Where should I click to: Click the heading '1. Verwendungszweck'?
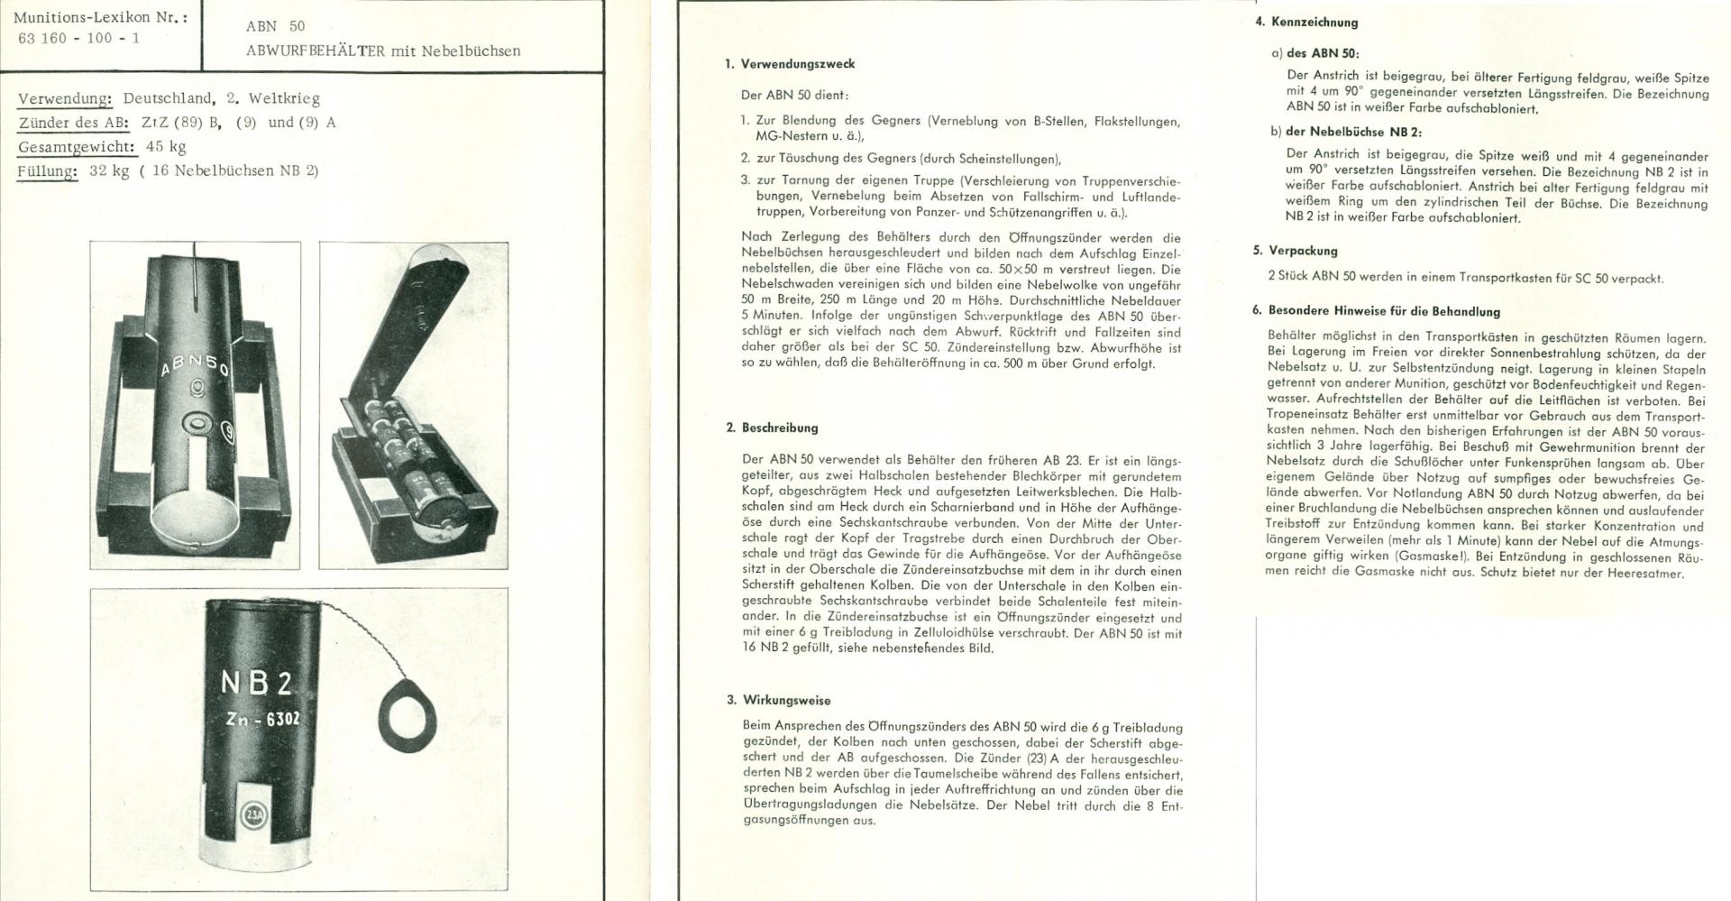pos(790,64)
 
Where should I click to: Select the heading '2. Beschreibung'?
pos(772,428)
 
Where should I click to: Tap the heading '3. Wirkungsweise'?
pos(778,700)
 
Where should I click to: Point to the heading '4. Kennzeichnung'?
pos(1306,22)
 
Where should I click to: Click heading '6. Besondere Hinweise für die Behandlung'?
pos(1376,311)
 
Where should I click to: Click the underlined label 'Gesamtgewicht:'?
pos(77,147)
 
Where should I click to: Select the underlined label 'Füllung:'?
pos(47,170)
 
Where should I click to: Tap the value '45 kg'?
pos(166,147)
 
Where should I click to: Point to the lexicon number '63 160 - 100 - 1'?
pos(78,39)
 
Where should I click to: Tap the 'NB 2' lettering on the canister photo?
pos(256,683)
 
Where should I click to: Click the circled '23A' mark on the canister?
pos(252,816)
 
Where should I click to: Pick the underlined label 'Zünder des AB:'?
pos(73,123)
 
